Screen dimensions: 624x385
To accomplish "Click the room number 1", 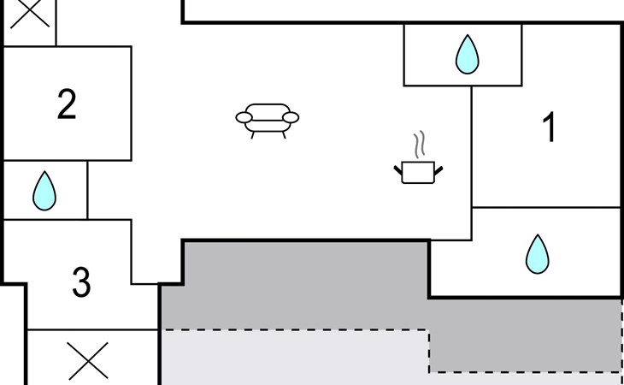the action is pyautogui.click(x=550, y=127).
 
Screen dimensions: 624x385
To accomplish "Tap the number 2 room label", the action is pyautogui.click(x=67, y=104).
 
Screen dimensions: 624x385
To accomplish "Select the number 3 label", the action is pyautogui.click(x=81, y=282).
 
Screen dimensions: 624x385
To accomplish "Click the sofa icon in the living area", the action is pyautogui.click(x=268, y=121).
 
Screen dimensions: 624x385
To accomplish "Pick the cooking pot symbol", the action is pyautogui.click(x=418, y=172).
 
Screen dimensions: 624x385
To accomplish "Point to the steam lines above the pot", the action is pyautogui.click(x=420, y=144).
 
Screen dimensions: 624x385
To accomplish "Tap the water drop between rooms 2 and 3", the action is pyautogui.click(x=44, y=191).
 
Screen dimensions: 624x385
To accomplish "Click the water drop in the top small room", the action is pyautogui.click(x=468, y=54).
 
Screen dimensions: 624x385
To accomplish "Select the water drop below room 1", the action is pyautogui.click(x=538, y=254).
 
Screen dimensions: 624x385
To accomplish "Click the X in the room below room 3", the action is pyautogui.click(x=87, y=360).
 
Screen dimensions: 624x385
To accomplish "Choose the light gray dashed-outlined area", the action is pyautogui.click(x=295, y=357).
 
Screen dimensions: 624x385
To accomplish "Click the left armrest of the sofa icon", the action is pyautogui.click(x=244, y=117).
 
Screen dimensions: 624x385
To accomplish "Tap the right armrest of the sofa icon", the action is pyautogui.click(x=291, y=117).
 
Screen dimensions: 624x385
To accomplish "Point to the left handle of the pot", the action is pyautogui.click(x=398, y=170).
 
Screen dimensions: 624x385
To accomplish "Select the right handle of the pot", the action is pyautogui.click(x=439, y=170).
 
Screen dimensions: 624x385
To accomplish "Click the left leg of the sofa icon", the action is pyautogui.click(x=252, y=135).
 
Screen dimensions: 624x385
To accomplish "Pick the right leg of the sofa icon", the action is pyautogui.click(x=284, y=135).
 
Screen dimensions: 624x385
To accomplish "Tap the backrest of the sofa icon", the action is pyautogui.click(x=268, y=111).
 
